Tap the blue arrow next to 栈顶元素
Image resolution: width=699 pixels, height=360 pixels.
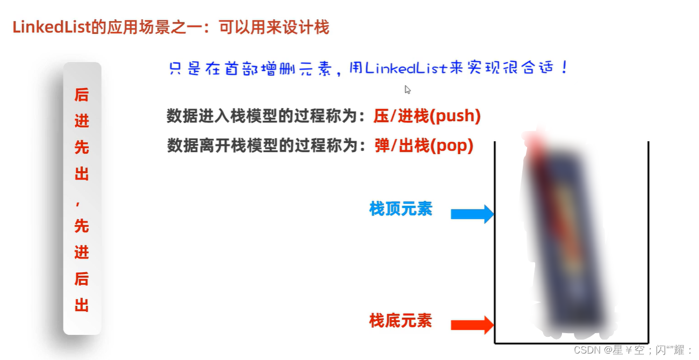pyautogui.click(x=472, y=214)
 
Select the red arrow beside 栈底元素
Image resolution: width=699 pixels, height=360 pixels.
pyautogui.click(x=472, y=325)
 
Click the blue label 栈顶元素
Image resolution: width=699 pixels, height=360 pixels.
pyautogui.click(x=400, y=209)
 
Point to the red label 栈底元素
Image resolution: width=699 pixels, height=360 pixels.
pyautogui.click(x=400, y=321)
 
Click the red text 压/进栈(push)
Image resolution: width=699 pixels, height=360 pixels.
pyautogui.click(x=427, y=116)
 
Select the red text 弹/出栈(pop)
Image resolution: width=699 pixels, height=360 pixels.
pyautogui.click(x=424, y=146)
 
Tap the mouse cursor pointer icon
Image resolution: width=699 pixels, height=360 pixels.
pyautogui.click(x=408, y=90)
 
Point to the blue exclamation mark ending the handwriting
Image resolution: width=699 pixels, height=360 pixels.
pyautogui.click(x=564, y=68)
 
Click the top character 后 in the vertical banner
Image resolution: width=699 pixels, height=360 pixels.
pyautogui.click(x=82, y=95)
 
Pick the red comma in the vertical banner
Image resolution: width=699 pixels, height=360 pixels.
pyautogui.click(x=82, y=201)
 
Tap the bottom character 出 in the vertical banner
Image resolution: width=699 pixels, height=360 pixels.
pyautogui.click(x=82, y=306)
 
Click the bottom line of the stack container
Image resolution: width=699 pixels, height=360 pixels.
pyautogui.click(x=572, y=343)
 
